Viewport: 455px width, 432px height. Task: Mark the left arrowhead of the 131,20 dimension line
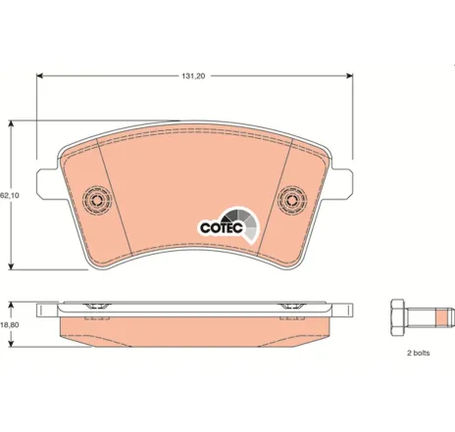click(40, 74)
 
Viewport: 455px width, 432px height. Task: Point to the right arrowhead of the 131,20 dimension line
click(351, 74)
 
